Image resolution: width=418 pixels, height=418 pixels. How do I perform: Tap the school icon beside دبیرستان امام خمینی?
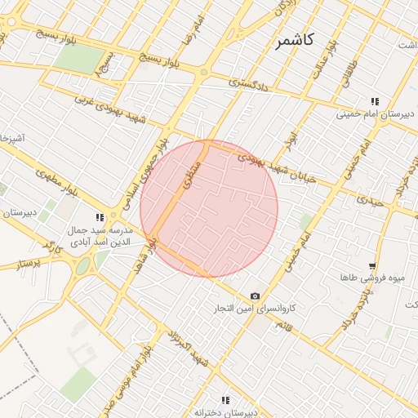(x=374, y=101)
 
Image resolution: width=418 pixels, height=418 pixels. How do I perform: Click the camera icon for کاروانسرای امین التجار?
(x=256, y=296)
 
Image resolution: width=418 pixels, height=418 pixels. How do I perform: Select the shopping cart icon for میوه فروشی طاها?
(x=372, y=266)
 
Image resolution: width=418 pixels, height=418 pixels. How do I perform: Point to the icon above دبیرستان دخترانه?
(x=225, y=399)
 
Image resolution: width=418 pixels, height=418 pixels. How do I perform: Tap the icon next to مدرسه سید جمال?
(x=100, y=218)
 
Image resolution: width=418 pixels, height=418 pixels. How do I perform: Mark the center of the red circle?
(x=209, y=208)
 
